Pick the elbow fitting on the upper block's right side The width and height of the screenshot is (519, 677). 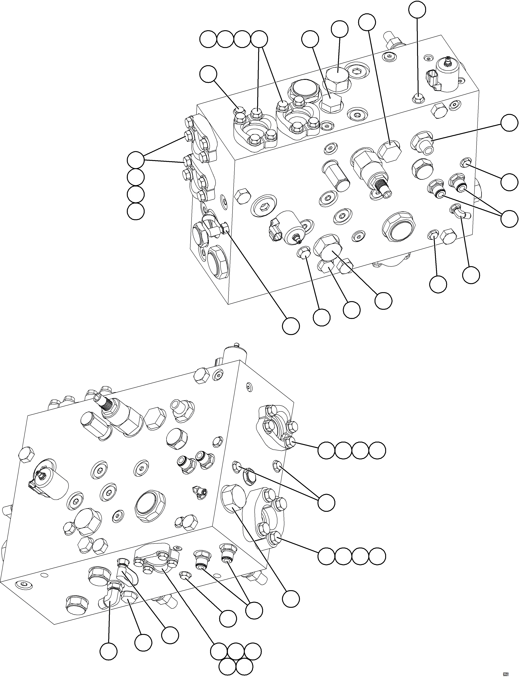click(460, 213)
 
